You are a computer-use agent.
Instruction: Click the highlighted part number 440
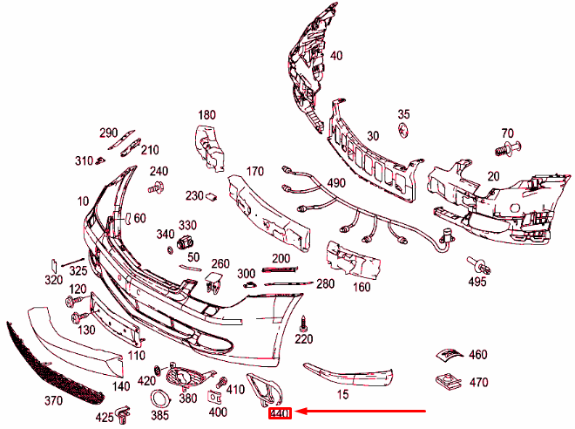coord(280,413)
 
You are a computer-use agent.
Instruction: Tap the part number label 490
coord(335,183)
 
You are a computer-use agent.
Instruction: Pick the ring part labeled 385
coord(160,398)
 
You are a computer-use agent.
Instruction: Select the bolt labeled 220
coord(304,323)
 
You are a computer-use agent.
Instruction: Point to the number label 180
coord(206,115)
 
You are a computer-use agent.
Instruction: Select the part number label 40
coord(336,56)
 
